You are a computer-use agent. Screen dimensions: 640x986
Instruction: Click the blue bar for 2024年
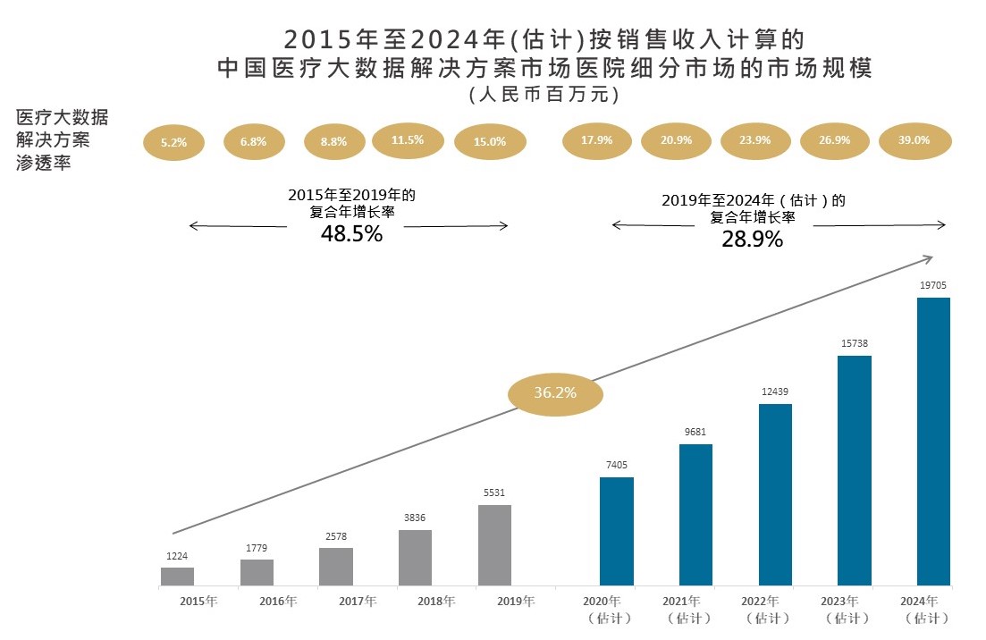tap(933, 442)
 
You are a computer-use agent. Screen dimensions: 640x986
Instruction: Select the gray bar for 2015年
tap(177, 577)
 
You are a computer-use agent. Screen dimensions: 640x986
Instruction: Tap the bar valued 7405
tap(616, 531)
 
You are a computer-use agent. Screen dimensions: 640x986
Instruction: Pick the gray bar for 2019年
tap(494, 545)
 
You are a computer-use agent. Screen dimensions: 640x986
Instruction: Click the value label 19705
tap(933, 286)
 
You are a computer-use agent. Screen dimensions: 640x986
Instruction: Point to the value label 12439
tap(774, 392)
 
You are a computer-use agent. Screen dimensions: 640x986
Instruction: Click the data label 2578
tap(335, 535)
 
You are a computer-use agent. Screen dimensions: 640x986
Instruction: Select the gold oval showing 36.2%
tap(555, 392)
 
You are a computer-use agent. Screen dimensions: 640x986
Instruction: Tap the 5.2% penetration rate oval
tap(173, 142)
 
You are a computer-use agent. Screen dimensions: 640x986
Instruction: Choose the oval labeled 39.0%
tap(914, 140)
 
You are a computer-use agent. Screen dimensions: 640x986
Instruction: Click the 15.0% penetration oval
tap(489, 141)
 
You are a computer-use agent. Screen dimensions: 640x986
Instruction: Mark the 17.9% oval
tap(596, 140)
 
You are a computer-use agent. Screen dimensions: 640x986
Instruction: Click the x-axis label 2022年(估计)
tap(771, 609)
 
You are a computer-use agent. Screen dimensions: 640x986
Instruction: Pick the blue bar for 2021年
tap(695, 515)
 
